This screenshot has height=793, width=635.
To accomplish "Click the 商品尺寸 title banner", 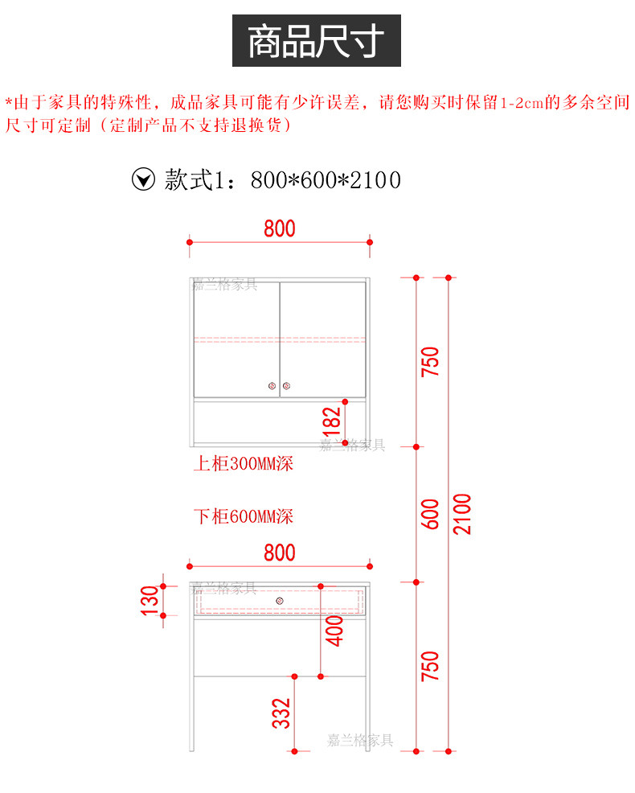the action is [317, 40].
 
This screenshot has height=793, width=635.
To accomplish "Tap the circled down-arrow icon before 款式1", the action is [144, 179].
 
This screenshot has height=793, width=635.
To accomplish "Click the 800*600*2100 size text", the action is [326, 180].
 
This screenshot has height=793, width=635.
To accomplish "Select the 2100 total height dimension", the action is [462, 514].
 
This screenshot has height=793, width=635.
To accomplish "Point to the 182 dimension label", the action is [332, 422].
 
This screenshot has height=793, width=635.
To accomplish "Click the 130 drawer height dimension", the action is [150, 601].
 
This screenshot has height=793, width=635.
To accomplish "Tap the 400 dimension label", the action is [334, 631].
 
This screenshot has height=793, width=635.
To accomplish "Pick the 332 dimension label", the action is [281, 713].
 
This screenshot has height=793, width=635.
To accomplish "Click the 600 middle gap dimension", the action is [430, 515].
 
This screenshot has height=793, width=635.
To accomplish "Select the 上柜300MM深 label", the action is [244, 463].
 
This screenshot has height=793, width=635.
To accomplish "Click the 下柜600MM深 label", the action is [244, 516].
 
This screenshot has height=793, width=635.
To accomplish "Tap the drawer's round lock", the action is [280, 601].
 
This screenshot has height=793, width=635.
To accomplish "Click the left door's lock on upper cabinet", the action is [272, 386].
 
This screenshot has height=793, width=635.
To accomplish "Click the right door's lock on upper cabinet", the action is [287, 386].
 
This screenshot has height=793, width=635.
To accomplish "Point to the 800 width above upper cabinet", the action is [280, 228].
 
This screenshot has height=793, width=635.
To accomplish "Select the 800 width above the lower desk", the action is [280, 553].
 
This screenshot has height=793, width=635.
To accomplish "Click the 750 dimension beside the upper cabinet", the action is [430, 362].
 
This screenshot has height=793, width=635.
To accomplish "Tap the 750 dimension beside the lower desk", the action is [430, 666].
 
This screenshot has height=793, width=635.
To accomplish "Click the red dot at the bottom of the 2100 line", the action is [449, 751].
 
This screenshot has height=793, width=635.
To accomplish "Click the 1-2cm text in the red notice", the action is [522, 103].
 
